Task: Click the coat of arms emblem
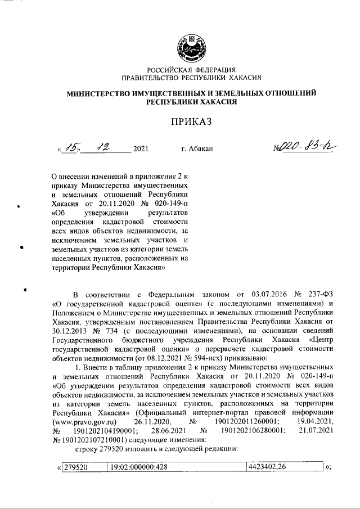click(x=187, y=48)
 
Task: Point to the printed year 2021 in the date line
click(x=140, y=150)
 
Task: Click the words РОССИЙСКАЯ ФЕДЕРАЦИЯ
click(x=187, y=69)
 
